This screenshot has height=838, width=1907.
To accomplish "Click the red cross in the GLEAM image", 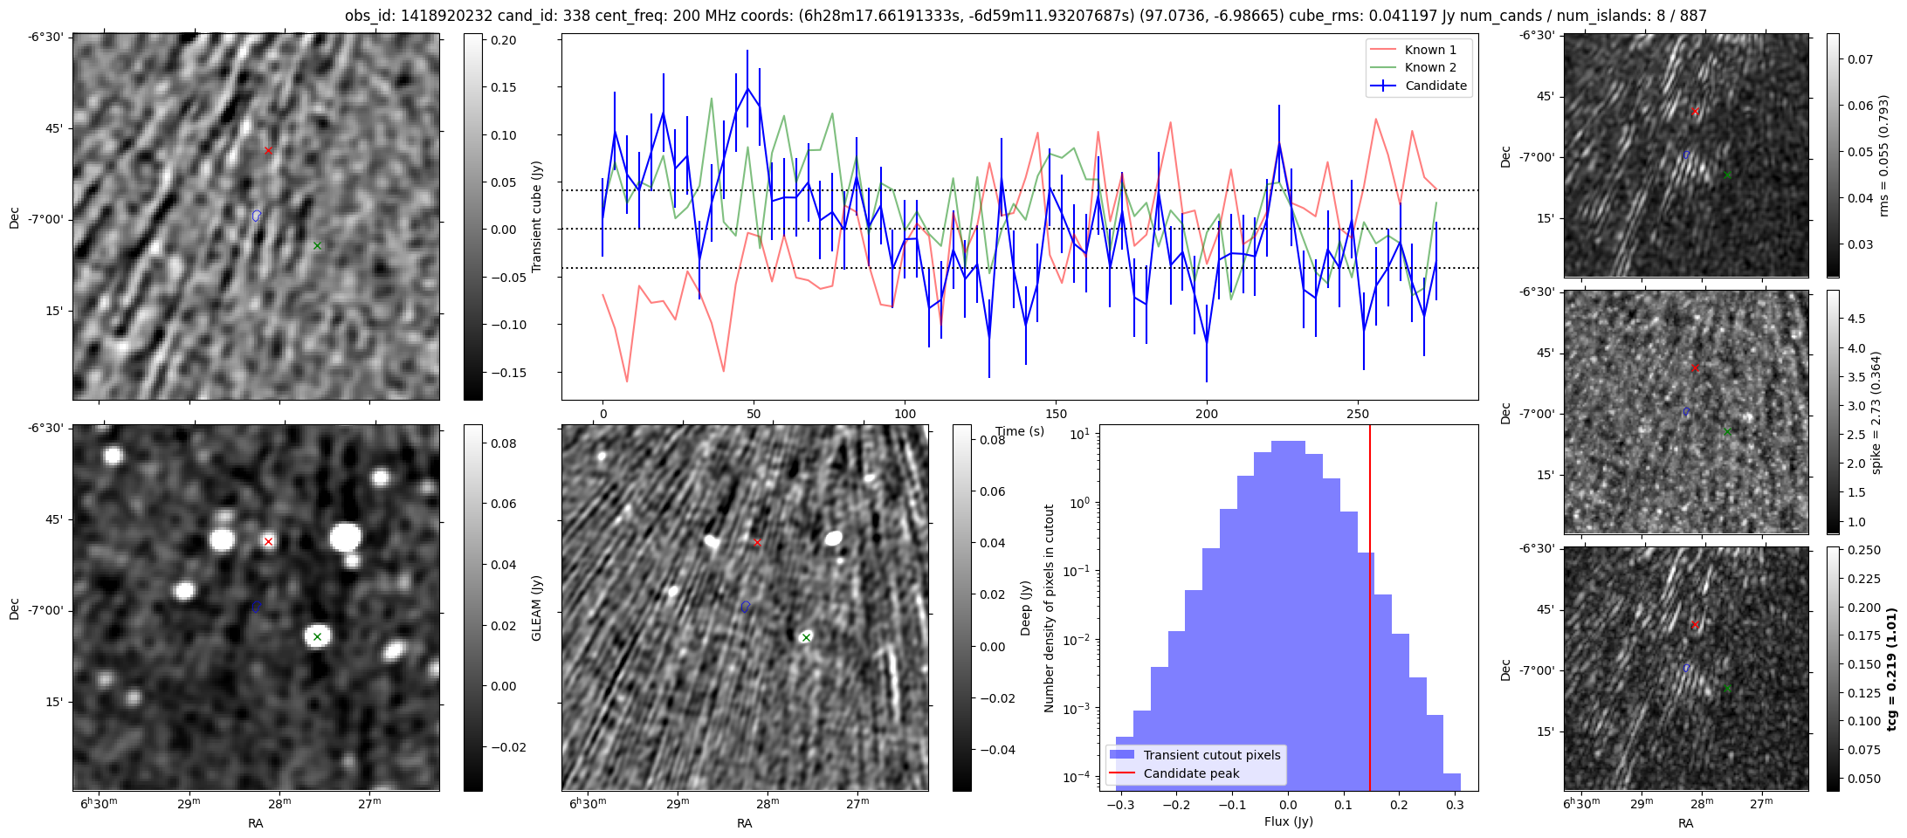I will pyautogui.click(x=268, y=541).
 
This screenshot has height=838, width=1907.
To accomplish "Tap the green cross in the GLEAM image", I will pyautogui.click(x=317, y=636).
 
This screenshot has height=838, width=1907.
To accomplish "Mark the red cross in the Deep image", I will pyautogui.click(x=757, y=542).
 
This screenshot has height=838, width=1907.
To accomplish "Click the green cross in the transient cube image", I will pyautogui.click(x=317, y=245).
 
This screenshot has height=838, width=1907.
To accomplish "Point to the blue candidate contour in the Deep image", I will pyautogui.click(x=746, y=606).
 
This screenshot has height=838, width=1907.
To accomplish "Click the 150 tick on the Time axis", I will pyautogui.click(x=1056, y=413).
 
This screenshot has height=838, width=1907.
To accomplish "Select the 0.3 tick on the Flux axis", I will pyautogui.click(x=1454, y=804).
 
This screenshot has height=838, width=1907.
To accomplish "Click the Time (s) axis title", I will pyautogui.click(x=1020, y=431).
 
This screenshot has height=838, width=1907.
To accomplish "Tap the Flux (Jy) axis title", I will pyautogui.click(x=1288, y=821).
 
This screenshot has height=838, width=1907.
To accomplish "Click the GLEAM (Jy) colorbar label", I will pyautogui.click(x=536, y=608).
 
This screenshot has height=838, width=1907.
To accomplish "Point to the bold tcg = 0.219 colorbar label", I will pyautogui.click(x=1891, y=669).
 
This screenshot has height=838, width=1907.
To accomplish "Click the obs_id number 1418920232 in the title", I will pyautogui.click(x=446, y=16).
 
